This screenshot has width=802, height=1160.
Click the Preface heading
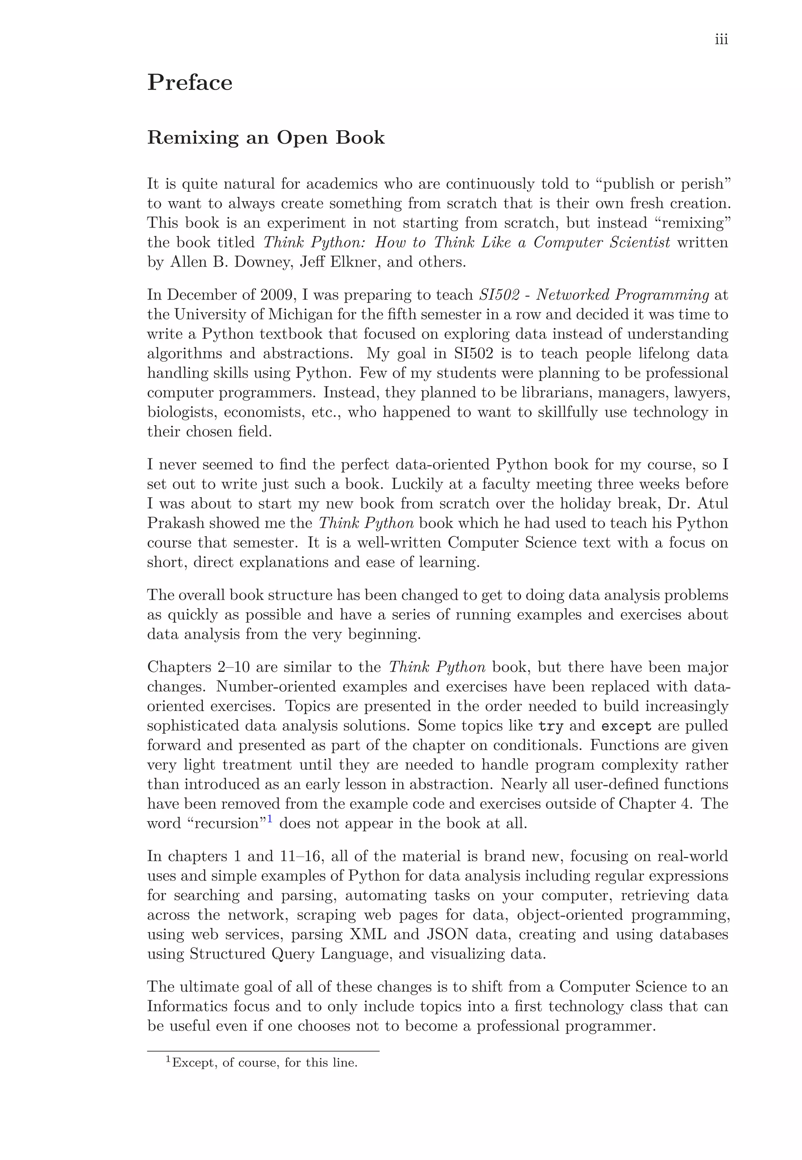pos(190,82)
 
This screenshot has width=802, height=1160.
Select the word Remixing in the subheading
pos(192,138)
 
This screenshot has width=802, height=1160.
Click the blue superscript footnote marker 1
pos(269,819)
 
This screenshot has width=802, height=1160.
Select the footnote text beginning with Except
pos(264,1063)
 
